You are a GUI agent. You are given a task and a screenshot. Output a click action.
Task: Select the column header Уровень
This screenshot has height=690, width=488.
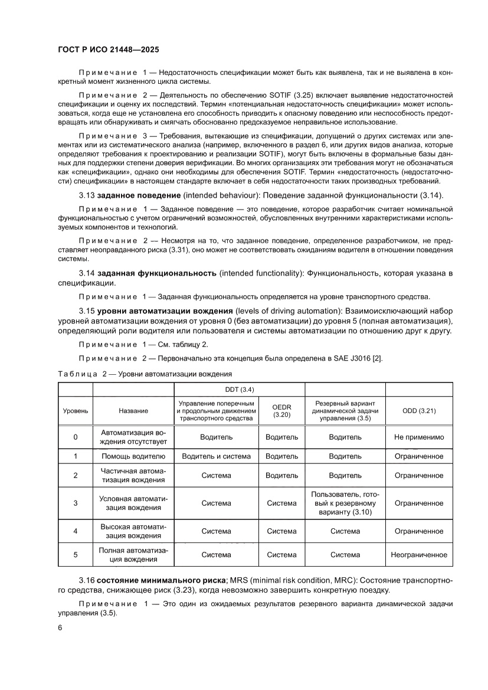(75, 411)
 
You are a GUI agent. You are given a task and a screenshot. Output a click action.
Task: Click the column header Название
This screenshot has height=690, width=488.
(133, 411)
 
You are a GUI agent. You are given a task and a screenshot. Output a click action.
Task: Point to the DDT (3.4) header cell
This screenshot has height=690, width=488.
(239, 390)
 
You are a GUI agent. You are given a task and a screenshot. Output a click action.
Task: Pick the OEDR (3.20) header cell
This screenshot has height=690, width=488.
(281, 411)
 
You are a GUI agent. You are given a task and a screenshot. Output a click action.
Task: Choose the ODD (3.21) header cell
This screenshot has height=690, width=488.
(419, 411)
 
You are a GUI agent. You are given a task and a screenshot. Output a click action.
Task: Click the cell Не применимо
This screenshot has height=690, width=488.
(419, 437)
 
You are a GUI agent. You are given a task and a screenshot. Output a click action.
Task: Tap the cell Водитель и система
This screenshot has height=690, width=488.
(216, 456)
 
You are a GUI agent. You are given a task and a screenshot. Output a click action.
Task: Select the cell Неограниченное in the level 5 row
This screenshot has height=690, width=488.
(419, 555)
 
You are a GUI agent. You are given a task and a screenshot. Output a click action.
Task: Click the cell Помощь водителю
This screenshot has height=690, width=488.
(133, 456)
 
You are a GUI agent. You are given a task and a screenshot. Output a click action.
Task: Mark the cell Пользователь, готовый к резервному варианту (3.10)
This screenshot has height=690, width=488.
(345, 503)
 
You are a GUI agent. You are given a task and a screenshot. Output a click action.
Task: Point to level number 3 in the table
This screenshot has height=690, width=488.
(75, 503)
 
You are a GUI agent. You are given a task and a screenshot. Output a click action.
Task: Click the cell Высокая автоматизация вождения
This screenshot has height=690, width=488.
(133, 531)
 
